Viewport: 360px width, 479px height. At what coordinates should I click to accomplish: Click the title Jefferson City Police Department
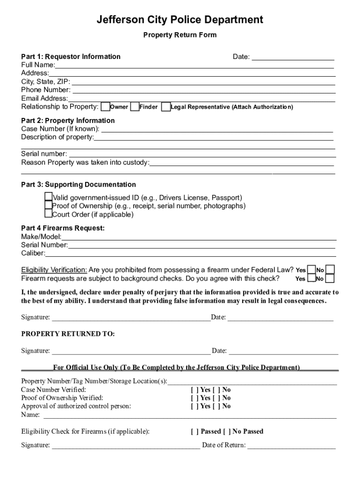180,20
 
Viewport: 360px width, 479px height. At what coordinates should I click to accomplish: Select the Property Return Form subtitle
180,35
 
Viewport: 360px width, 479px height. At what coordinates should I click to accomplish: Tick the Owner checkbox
106,107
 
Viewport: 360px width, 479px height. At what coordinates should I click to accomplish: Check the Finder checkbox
135,107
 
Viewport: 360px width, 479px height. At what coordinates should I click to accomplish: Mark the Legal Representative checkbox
166,107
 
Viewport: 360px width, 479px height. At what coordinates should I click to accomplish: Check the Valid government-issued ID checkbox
49,197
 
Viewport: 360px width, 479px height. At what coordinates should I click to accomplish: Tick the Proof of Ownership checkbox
49,205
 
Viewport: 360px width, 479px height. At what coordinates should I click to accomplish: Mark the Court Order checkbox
49,214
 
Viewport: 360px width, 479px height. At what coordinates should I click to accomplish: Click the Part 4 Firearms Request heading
63,228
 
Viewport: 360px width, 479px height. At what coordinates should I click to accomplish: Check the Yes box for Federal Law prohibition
311,270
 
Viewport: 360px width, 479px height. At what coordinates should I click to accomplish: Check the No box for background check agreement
330,279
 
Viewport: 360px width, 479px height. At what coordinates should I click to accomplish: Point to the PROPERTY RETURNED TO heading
68,334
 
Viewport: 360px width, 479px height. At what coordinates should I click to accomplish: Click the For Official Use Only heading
176,368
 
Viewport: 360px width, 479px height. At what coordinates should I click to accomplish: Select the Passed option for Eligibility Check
205,431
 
